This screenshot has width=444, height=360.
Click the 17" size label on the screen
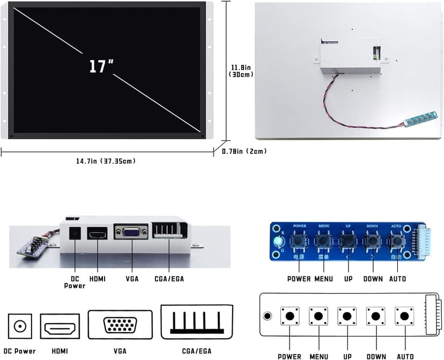pyautogui.click(x=101, y=66)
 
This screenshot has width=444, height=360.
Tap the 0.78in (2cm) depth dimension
pyautogui.click(x=244, y=152)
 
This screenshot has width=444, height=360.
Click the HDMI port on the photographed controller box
pyautogui.click(x=98, y=234)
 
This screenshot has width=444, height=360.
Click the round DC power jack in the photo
pyautogui.click(x=75, y=234)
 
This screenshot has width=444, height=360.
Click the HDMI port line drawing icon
pyautogui.click(x=60, y=326)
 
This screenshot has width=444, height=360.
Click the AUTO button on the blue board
pyautogui.click(x=396, y=242)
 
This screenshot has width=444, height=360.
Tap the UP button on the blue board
pyautogui.click(x=349, y=242)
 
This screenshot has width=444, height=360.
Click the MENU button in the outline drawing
pyautogui.click(x=319, y=316)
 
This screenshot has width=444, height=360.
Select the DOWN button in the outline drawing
pyautogui.click(x=376, y=316)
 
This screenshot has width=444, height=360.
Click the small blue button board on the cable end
pyautogui.click(x=421, y=118)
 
